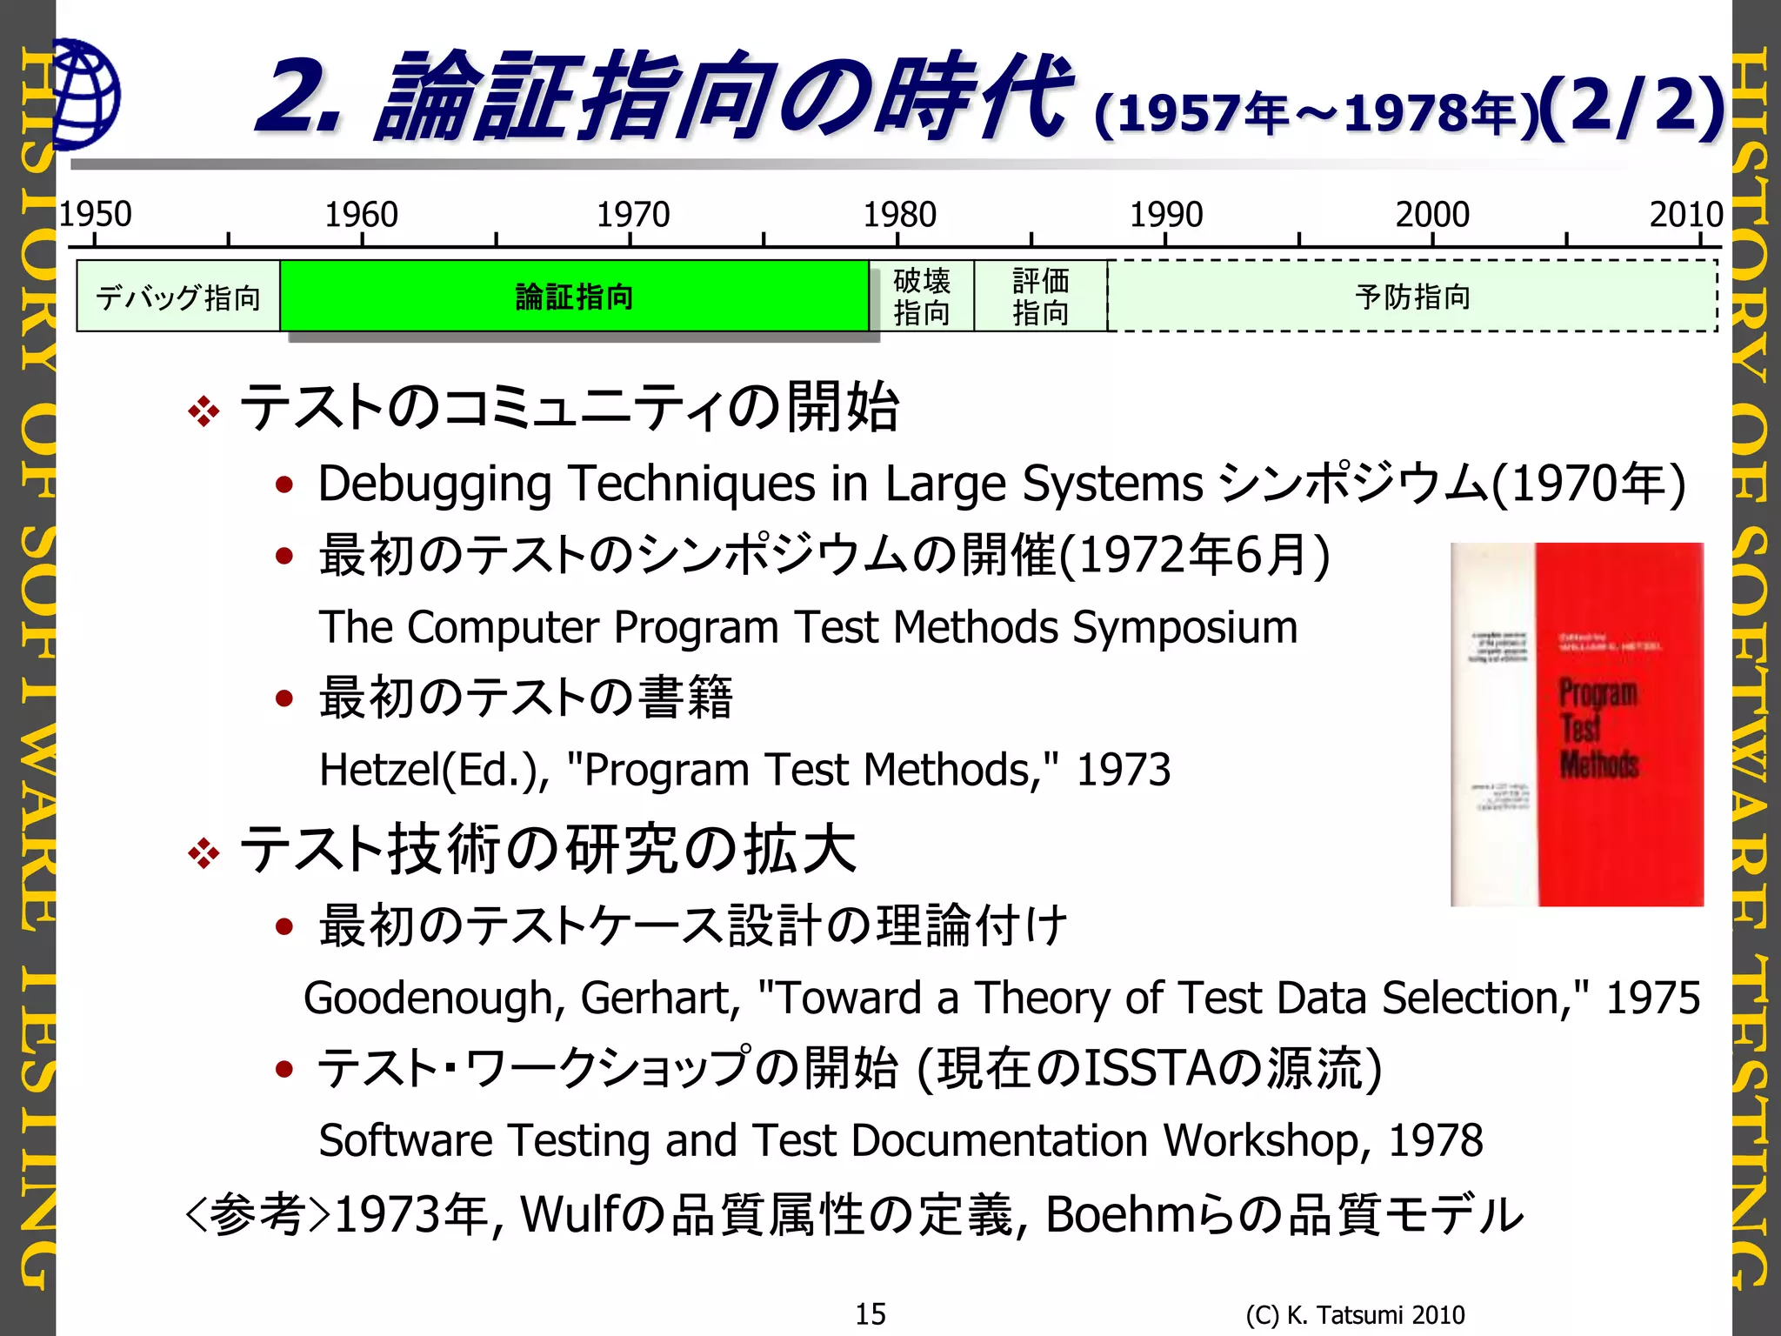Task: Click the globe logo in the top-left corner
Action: (85, 94)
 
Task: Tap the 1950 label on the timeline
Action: (95, 214)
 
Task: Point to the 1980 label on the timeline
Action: (899, 214)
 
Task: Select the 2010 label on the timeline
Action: (1685, 214)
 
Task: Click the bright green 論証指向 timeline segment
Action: (574, 297)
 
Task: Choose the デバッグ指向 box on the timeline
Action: (178, 297)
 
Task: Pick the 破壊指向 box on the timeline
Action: (922, 297)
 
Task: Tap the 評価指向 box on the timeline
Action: (1040, 297)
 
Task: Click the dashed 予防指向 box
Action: (1412, 297)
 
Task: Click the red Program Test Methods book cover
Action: (1577, 724)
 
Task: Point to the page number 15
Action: (870, 1313)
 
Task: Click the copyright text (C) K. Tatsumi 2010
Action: (1355, 1314)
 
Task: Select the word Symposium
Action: (1184, 628)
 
